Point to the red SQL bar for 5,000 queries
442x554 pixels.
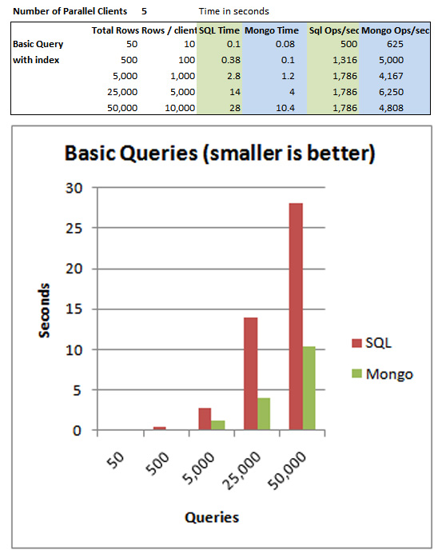pyautogui.click(x=205, y=419)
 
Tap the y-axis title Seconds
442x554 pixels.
pyautogui.click(x=47, y=309)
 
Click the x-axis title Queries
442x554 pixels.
pyautogui.click(x=212, y=517)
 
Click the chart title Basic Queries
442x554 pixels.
pyautogui.click(x=220, y=153)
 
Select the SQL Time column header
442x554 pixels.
pyautogui.click(x=220, y=30)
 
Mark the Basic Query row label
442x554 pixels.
pyautogui.click(x=38, y=45)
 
